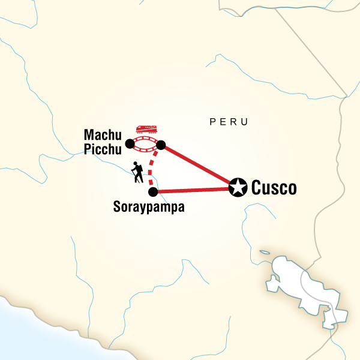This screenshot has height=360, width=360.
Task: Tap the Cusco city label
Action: tap(274, 188)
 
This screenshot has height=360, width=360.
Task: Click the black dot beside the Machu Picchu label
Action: tap(130, 143)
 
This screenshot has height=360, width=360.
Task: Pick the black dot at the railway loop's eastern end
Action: tap(161, 144)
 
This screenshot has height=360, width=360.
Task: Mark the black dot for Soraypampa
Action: tap(153, 192)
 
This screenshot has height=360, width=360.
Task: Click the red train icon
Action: tap(147, 130)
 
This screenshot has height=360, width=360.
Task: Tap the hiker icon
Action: tap(138, 172)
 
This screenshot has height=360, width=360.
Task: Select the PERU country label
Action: tap(229, 122)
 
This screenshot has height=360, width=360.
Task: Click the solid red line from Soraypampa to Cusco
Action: tap(192, 190)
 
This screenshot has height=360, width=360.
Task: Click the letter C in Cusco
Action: tap(257, 188)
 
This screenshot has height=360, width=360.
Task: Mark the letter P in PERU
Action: tap(212, 122)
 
